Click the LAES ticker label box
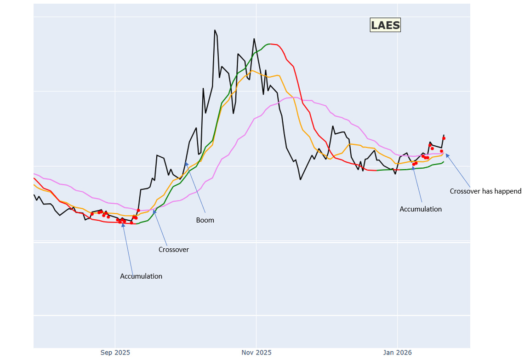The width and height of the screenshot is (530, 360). (385, 25)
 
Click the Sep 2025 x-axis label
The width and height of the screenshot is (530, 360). (115, 353)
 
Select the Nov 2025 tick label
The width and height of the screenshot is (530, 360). (256, 353)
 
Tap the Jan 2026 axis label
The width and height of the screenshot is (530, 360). (398, 353)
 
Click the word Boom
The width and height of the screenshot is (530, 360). (205, 220)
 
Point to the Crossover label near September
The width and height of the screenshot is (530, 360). (174, 250)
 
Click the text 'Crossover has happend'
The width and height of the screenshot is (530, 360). (485, 191)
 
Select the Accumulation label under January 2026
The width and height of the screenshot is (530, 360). (421, 209)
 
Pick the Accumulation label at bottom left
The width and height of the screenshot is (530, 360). (141, 276)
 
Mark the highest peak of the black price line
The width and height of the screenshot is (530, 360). (215, 30)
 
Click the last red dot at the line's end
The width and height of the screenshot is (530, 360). (444, 138)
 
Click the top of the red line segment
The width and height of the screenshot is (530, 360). (274, 44)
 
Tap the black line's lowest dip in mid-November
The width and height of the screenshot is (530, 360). (301, 179)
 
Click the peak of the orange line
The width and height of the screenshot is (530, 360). (251, 71)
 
